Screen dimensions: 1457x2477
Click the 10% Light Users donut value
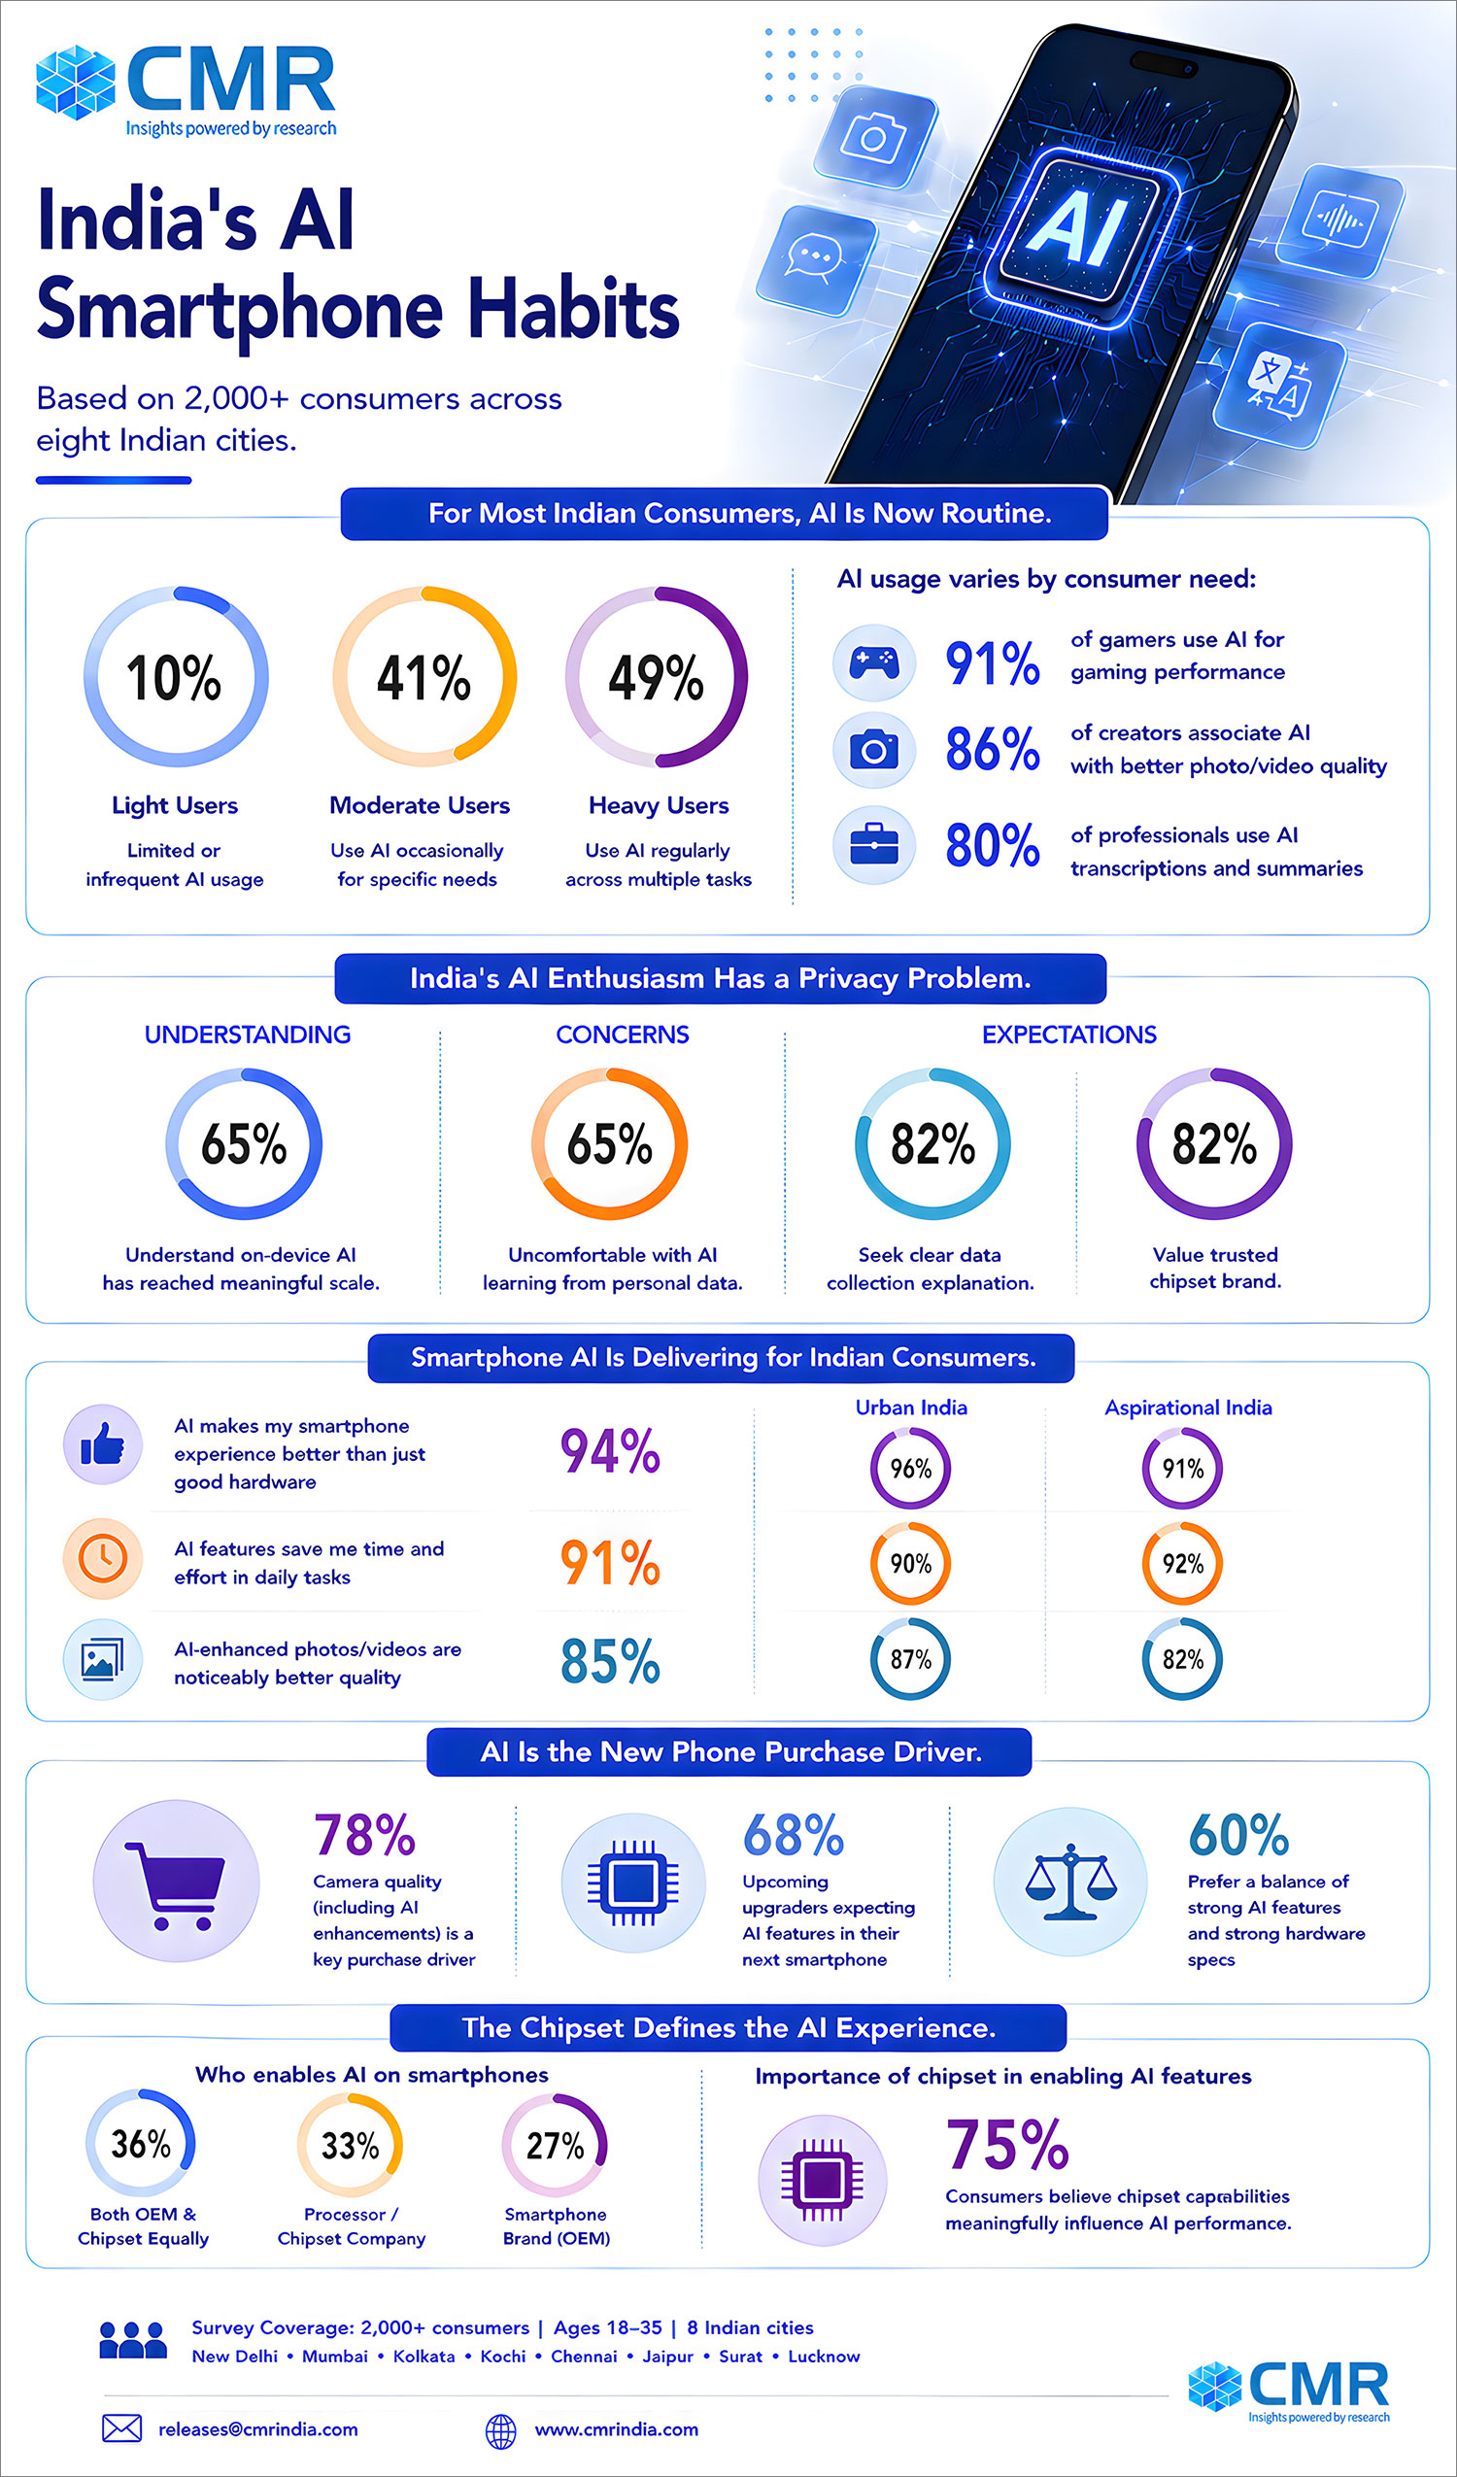coord(174,677)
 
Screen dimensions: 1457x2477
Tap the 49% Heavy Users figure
coord(656,677)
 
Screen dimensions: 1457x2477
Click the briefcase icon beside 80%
coord(874,844)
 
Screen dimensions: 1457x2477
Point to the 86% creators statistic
coord(993,749)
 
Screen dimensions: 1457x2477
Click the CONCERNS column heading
coord(623,1035)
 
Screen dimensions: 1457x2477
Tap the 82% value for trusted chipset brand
coord(1214,1144)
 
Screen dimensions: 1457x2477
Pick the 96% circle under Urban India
coord(910,1469)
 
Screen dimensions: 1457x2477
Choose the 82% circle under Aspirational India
coord(1183,1659)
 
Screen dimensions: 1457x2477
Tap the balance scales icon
coord(1070,1883)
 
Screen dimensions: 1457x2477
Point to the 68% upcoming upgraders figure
coord(794,1834)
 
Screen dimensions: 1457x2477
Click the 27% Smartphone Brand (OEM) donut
coord(556,2146)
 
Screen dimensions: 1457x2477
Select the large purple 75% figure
coord(1007,2145)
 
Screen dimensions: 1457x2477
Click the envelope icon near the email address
coord(122,2428)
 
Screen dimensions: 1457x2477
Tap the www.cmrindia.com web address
coord(617,2429)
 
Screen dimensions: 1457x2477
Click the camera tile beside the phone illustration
coord(875,137)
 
